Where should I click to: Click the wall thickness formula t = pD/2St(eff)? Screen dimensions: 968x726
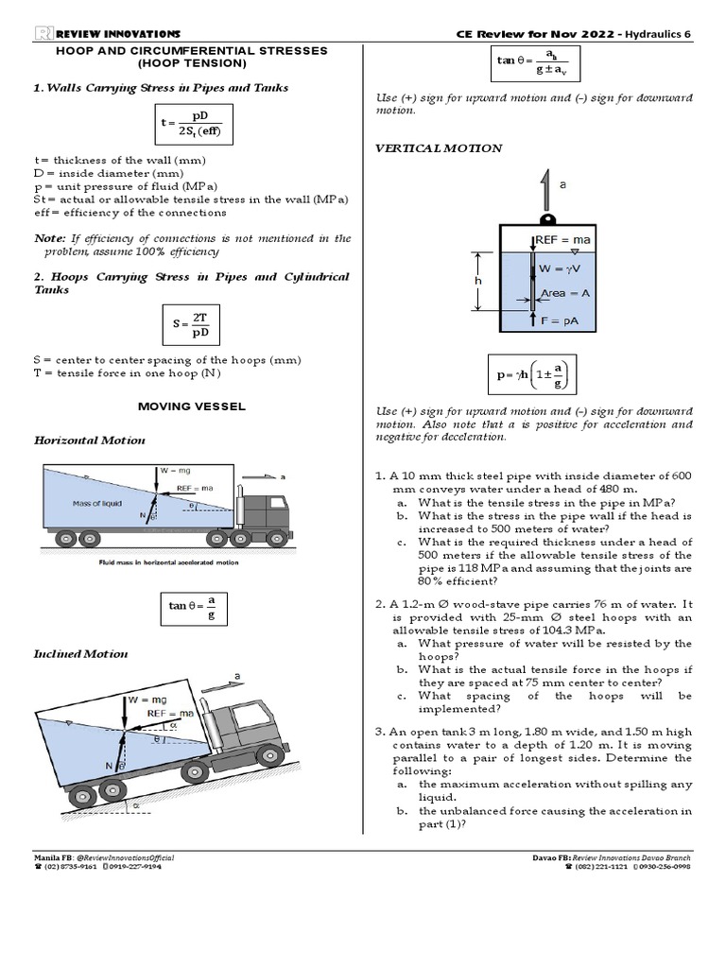[193, 124]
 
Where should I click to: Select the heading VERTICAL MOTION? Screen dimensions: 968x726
[439, 148]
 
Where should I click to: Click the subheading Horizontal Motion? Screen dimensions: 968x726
[90, 441]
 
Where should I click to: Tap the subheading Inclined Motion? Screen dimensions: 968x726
[81, 653]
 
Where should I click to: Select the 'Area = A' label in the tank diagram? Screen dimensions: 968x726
[566, 293]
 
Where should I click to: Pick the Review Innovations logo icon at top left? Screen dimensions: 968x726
[43, 34]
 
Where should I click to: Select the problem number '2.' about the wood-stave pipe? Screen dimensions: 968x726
[380, 603]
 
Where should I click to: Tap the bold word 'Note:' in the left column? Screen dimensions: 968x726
[50, 239]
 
